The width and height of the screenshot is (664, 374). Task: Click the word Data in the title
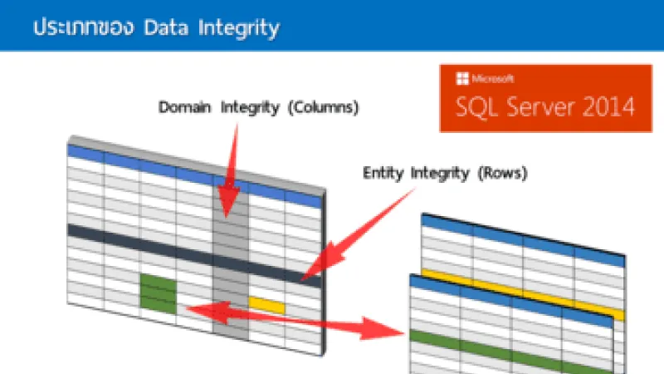click(x=166, y=27)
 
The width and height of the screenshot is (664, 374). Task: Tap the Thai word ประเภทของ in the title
click(x=84, y=27)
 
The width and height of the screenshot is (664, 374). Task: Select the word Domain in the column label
click(x=183, y=108)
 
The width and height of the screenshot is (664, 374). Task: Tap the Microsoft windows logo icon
click(x=460, y=80)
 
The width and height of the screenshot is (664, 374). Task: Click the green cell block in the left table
click(x=158, y=294)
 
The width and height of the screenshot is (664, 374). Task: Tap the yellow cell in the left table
click(x=266, y=305)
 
